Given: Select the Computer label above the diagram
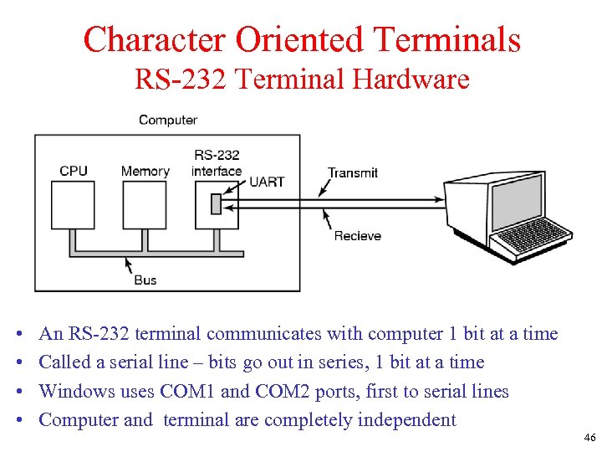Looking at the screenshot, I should pyautogui.click(x=167, y=120).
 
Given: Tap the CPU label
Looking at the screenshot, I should pyautogui.click(x=74, y=171).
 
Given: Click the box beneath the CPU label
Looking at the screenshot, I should pyautogui.click(x=74, y=205).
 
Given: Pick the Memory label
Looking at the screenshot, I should pyautogui.click(x=145, y=171).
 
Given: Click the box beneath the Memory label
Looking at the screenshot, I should pyautogui.click(x=145, y=205).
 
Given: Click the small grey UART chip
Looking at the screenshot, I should pyautogui.click(x=215, y=203).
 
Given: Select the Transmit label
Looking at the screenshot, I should pyautogui.click(x=353, y=172).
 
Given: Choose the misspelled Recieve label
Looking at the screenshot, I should pyautogui.click(x=357, y=236).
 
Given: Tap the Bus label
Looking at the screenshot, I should pyautogui.click(x=145, y=280).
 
